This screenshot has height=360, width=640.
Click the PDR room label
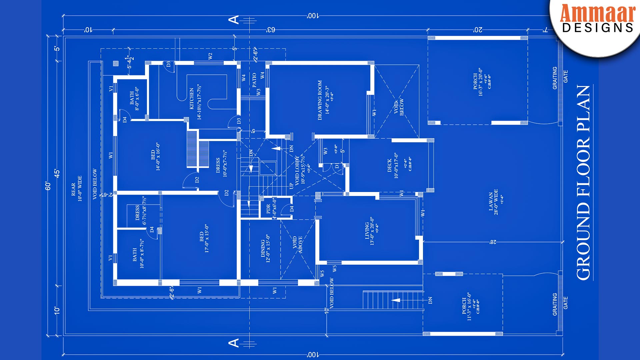pyautogui.click(x=269, y=209)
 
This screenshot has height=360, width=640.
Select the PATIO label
pyautogui.click(x=254, y=80)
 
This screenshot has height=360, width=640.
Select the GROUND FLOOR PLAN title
pyautogui.click(x=584, y=182)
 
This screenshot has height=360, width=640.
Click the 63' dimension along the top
pyautogui.click(x=270, y=30)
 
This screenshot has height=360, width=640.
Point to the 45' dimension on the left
pyautogui.click(x=57, y=173)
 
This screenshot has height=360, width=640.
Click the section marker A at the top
pyautogui.click(x=234, y=20)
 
